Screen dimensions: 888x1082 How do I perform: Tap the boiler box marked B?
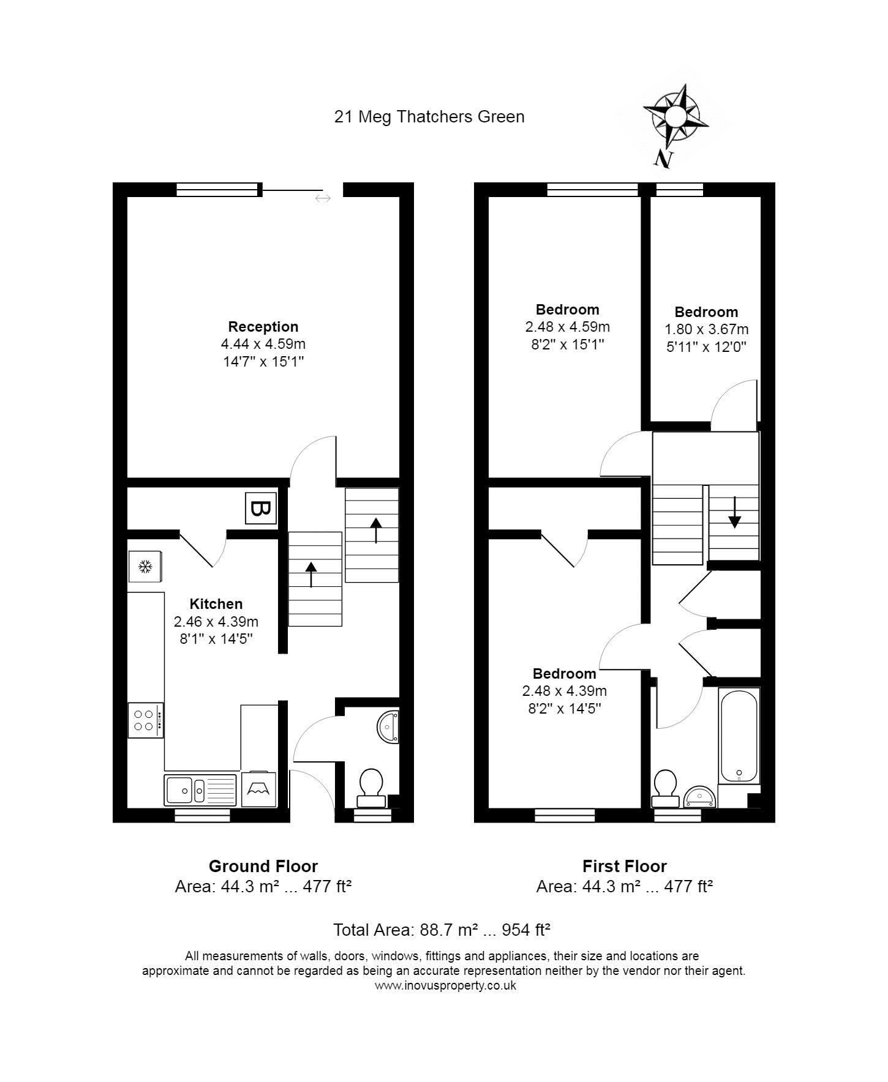click(x=261, y=508)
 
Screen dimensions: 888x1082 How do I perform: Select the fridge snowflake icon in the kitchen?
click(x=145, y=567)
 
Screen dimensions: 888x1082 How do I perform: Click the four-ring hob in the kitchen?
click(x=146, y=720)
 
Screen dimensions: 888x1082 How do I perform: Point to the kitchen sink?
click(x=200, y=789)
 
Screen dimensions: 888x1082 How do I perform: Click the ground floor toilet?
click(x=371, y=788)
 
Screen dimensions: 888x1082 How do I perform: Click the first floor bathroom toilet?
click(x=666, y=789)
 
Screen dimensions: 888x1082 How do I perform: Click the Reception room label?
click(x=263, y=327)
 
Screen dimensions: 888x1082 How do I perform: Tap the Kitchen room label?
click(x=216, y=604)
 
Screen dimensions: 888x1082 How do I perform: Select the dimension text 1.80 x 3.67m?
click(x=707, y=329)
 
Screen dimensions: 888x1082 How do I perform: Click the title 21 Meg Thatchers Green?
click(x=429, y=117)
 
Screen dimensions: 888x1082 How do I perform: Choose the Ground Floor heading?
click(x=263, y=866)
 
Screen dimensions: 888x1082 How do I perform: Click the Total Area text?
click(x=442, y=930)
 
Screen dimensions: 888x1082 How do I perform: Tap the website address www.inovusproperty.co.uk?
click(x=445, y=985)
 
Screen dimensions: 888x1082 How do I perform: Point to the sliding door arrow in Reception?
click(x=323, y=198)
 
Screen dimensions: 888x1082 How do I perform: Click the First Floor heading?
click(x=625, y=866)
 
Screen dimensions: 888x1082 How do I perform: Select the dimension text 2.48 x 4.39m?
click(x=565, y=691)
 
